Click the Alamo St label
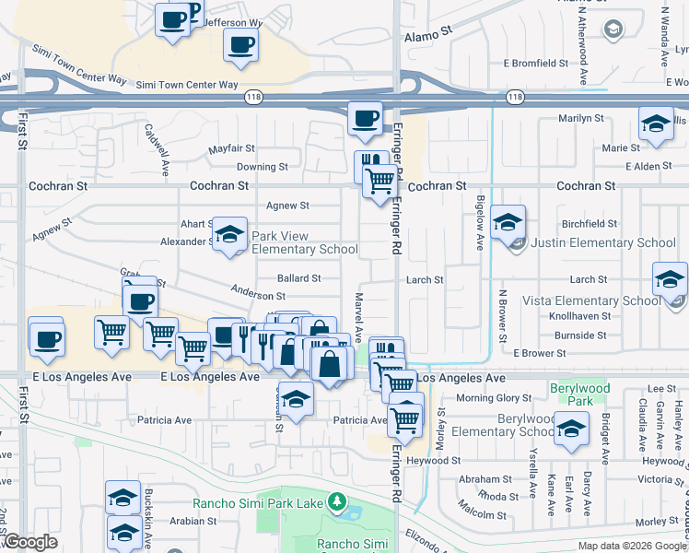pos(429,30)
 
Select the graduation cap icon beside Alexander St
pos(230,235)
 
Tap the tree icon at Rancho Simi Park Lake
pos(338,502)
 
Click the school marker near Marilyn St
pos(655,125)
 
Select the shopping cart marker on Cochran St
pos(378,182)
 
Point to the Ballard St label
pos(298,277)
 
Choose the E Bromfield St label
pos(535,64)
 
